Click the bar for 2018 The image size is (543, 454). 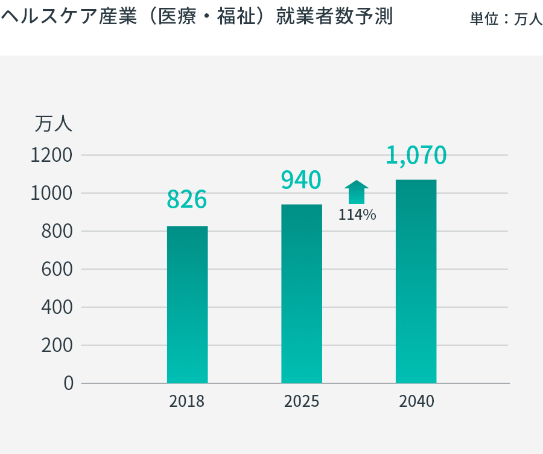pyautogui.click(x=187, y=305)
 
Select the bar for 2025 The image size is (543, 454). pyautogui.click(x=302, y=294)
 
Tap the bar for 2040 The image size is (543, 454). pyautogui.click(x=416, y=281)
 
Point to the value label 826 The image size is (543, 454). pyautogui.click(x=187, y=199)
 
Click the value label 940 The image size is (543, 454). pyautogui.click(x=302, y=180)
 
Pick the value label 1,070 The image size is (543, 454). pyautogui.click(x=416, y=155)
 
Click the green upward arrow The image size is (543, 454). pyautogui.click(x=357, y=192)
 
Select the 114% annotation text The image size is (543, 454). pyautogui.click(x=357, y=214)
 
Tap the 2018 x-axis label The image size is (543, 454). pyautogui.click(x=187, y=401)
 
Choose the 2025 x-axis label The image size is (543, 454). pyautogui.click(x=302, y=401)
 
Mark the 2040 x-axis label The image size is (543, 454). pyautogui.click(x=416, y=401)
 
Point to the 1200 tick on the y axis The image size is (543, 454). pyautogui.click(x=51, y=156)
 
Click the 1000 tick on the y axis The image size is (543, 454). pyautogui.click(x=51, y=194)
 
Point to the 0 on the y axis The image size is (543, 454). pyautogui.click(x=68, y=383)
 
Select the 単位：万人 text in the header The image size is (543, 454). pyautogui.click(x=506, y=19)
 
